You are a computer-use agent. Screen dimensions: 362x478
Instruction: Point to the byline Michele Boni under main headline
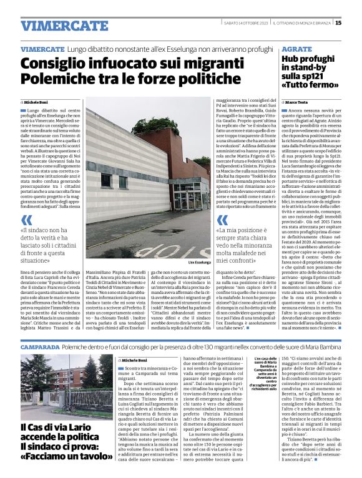(37, 101)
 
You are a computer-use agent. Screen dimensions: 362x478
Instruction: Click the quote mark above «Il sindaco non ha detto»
(27, 220)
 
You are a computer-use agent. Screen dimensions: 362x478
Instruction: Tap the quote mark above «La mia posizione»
(222, 220)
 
